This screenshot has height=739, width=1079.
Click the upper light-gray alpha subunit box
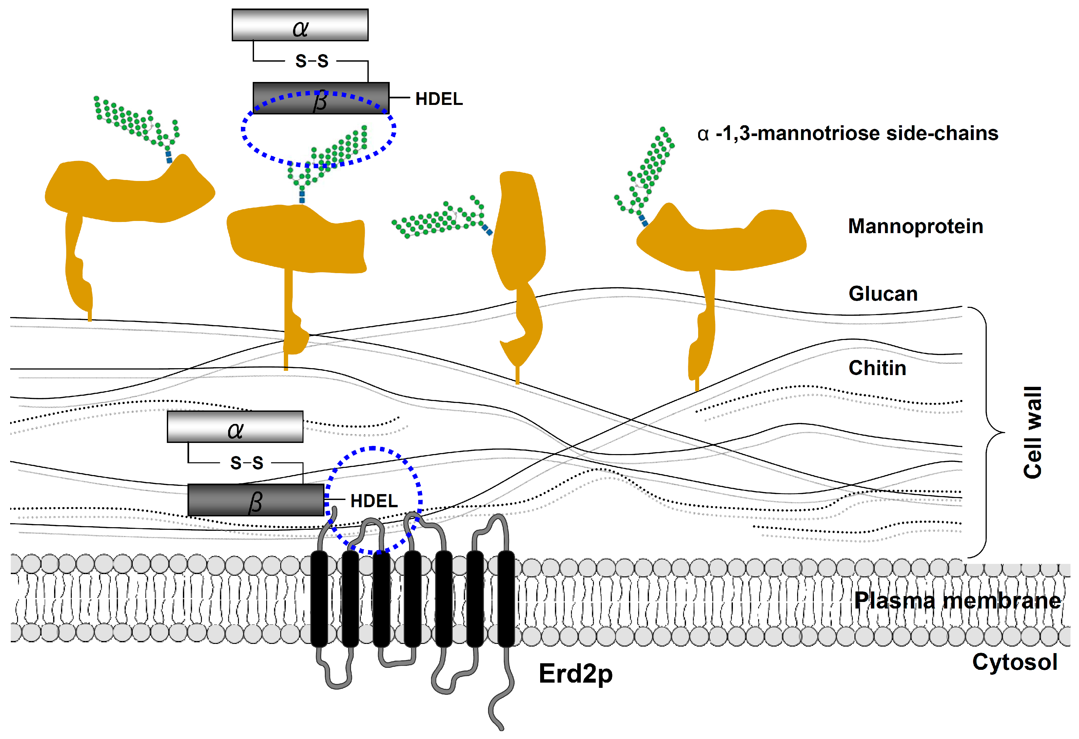300,25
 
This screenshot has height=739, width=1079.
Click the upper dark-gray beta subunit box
288,98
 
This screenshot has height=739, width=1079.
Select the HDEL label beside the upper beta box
439,99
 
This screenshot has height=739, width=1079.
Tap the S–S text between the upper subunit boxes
311,61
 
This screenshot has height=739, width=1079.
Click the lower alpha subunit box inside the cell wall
235,427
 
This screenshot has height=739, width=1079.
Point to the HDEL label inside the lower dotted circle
374,501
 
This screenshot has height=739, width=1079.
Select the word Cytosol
1014,662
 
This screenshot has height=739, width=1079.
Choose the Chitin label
877,368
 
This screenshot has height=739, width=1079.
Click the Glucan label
883,293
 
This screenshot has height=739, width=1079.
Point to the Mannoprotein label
915,226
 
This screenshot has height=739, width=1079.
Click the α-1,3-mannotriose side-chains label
847,133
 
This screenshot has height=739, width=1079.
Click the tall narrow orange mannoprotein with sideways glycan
519,242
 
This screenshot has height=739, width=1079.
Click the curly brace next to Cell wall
987,432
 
